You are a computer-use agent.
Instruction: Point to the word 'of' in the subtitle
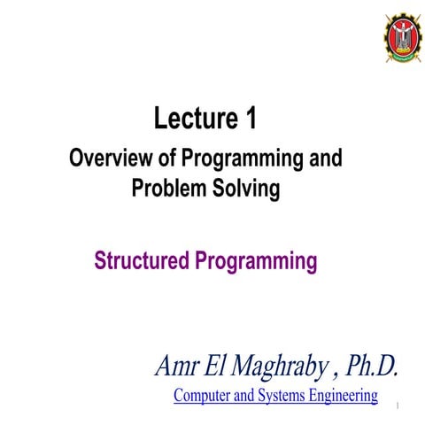tap(165, 159)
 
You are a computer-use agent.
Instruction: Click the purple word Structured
tap(143, 261)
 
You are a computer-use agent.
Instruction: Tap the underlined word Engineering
tap(345, 395)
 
